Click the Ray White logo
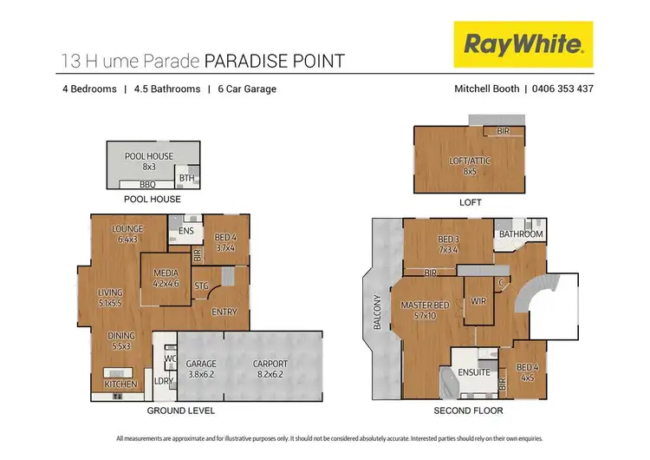[523, 44]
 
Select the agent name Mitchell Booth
[486, 89]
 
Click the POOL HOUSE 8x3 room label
[148, 161]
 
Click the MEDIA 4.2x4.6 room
[166, 278]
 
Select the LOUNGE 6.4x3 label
[127, 233]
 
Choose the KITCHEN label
[120, 383]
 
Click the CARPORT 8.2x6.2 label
[270, 369]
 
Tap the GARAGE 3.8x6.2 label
[201, 369]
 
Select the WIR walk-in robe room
[477, 301]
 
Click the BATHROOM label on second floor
[520, 234]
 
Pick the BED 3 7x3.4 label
[449, 244]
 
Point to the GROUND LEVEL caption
[180, 411]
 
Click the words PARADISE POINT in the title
[274, 61]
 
